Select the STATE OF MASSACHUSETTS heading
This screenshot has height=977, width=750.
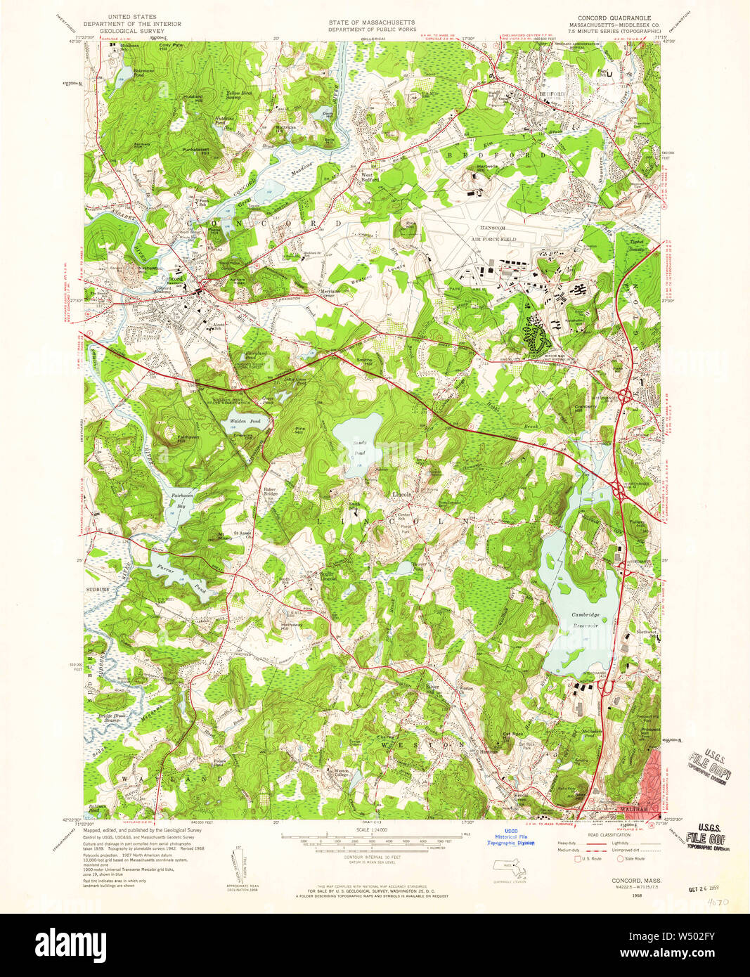372,22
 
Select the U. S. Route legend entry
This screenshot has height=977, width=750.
590,858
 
